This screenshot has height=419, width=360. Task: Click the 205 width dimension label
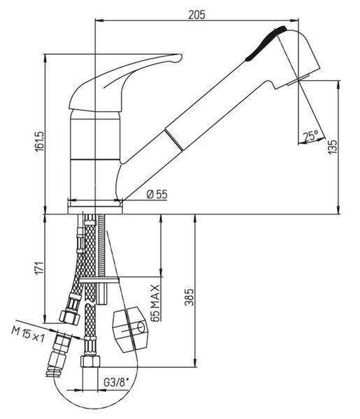[x=196, y=15]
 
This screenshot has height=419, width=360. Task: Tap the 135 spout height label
[x=333, y=147]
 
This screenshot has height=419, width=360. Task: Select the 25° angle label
[x=310, y=136]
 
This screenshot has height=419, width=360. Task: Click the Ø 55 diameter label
[x=157, y=194]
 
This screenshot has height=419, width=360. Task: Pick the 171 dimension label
[x=39, y=267]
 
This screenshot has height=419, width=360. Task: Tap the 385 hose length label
[x=189, y=297]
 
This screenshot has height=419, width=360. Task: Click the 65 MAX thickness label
[x=155, y=303]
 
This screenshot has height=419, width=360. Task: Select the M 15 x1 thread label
[x=28, y=335]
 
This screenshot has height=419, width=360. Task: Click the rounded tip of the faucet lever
[x=180, y=57]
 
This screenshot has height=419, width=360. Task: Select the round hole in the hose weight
[x=141, y=327]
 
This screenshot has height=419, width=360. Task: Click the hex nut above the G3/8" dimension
[x=90, y=361]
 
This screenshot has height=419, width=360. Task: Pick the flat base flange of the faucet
[x=95, y=210]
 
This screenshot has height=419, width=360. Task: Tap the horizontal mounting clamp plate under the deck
[x=99, y=280]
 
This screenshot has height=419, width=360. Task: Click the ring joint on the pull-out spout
[x=174, y=140]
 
